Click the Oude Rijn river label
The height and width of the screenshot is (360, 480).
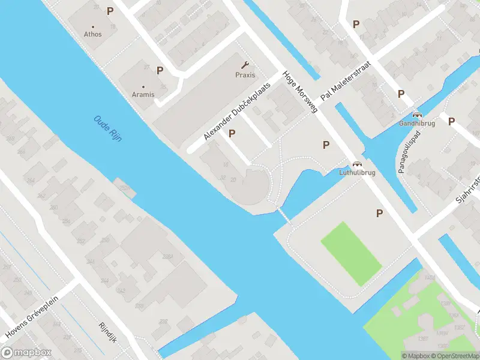(108, 128)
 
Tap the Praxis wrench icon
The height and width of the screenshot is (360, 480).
(245, 65)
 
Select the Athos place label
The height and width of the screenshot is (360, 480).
(93, 34)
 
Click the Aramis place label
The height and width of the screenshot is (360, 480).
(143, 95)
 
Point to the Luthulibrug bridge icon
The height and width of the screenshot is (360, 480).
(358, 163)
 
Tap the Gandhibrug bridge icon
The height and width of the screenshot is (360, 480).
(417, 115)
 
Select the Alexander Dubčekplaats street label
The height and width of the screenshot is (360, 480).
(237, 111)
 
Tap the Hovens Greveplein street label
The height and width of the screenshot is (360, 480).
(33, 316)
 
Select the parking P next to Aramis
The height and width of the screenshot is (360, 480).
(160, 70)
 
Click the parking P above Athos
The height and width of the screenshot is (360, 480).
(110, 11)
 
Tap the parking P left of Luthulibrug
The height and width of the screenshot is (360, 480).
(326, 145)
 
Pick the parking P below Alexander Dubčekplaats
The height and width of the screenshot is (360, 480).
(232, 133)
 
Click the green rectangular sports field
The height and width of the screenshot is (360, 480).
(351, 253)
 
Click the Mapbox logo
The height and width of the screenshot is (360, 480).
(26, 353)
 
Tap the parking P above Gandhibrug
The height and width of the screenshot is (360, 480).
(401, 94)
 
